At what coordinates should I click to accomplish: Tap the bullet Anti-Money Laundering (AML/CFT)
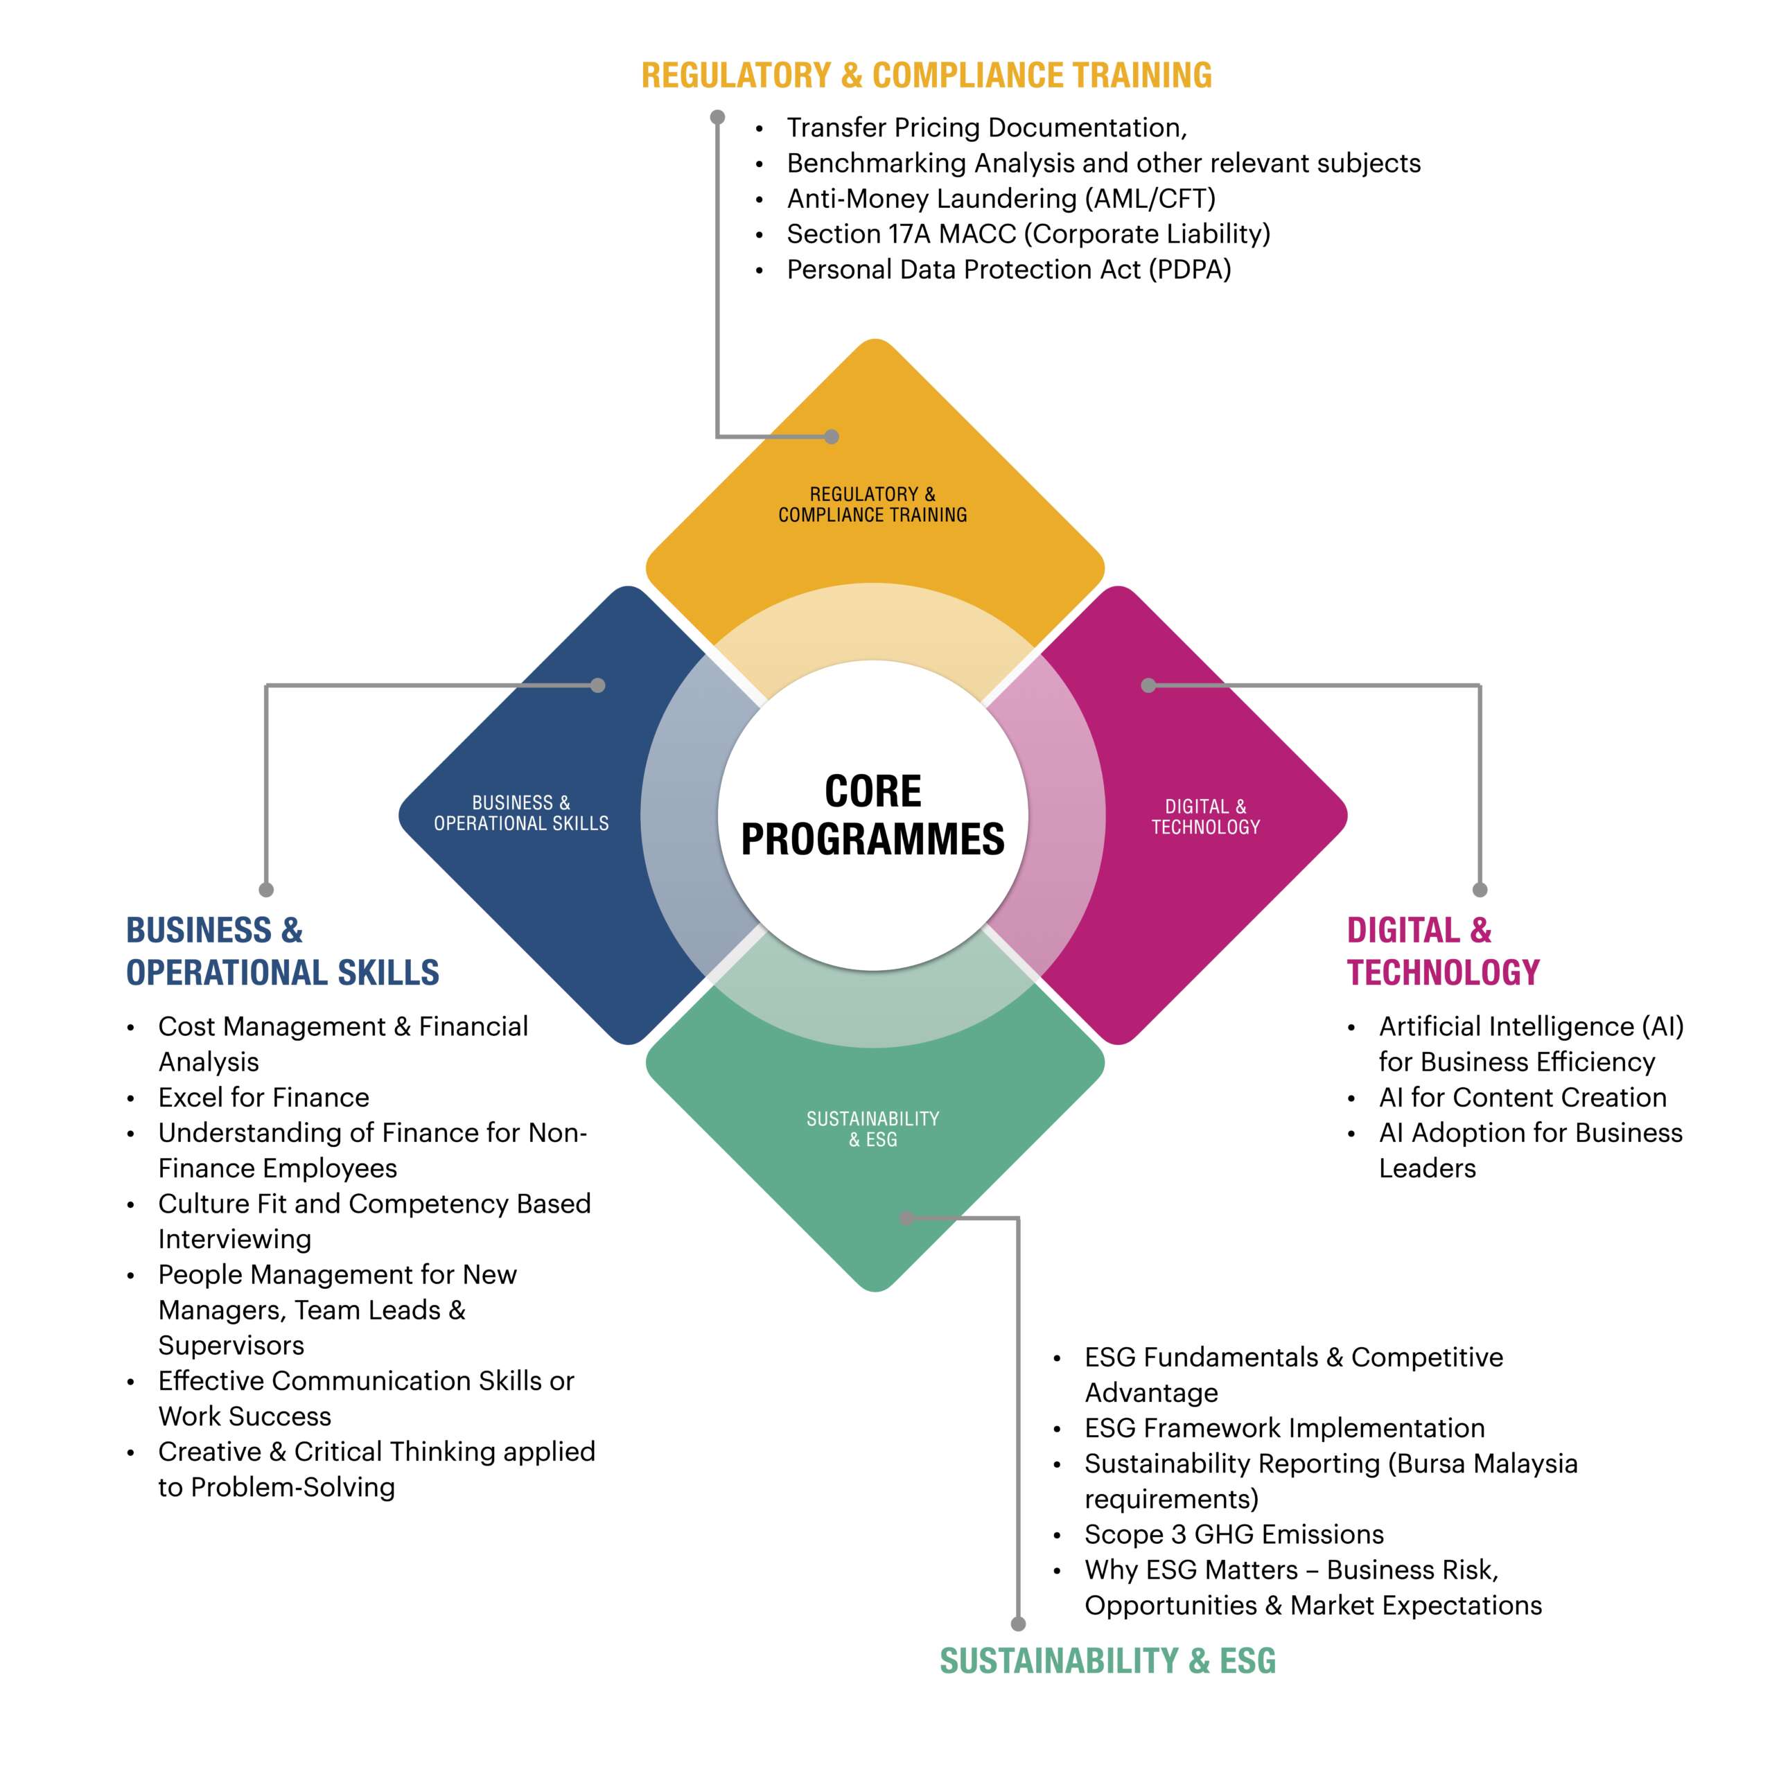(x=1000, y=198)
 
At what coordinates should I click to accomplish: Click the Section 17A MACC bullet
(x=1028, y=234)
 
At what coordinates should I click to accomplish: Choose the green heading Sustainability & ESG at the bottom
(x=1107, y=1661)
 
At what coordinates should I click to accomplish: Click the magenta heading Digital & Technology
(x=1441, y=951)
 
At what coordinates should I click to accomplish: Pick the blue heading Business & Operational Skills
(x=282, y=951)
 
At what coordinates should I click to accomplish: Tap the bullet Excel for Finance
(x=263, y=1097)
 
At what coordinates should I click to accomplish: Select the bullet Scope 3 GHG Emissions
(x=1233, y=1534)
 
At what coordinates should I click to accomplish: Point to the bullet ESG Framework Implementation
(x=1283, y=1428)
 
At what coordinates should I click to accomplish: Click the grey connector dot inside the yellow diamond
(x=831, y=437)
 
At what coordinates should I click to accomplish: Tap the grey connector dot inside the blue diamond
(x=597, y=685)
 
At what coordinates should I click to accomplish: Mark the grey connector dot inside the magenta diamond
(x=1148, y=685)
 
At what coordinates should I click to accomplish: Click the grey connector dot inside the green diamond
(x=906, y=1218)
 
